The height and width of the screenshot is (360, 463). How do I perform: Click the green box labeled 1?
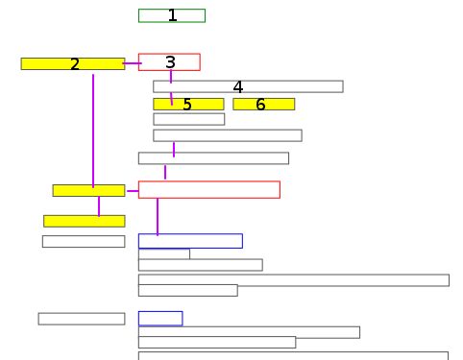click(x=171, y=15)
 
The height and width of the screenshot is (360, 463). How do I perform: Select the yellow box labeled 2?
click(x=72, y=64)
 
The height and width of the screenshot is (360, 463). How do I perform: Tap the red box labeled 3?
click(x=169, y=62)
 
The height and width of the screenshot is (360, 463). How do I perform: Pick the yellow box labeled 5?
click(x=187, y=104)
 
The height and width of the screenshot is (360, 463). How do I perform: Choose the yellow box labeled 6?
click(x=263, y=104)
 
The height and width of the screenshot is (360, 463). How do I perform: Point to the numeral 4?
click(x=237, y=87)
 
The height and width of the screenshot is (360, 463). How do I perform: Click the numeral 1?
click(x=172, y=15)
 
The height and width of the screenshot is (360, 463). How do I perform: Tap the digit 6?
click(x=260, y=105)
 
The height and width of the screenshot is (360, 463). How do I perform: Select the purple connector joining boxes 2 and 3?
click(x=132, y=63)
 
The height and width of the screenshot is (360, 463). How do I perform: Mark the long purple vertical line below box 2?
click(x=93, y=130)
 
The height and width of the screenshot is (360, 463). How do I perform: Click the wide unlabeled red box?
click(x=208, y=189)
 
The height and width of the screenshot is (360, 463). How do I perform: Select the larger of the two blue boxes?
click(x=189, y=241)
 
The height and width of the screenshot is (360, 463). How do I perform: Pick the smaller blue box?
click(x=159, y=318)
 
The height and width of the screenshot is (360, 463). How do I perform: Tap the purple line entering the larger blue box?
click(x=158, y=216)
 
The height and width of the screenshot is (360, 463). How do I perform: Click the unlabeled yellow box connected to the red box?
click(x=88, y=190)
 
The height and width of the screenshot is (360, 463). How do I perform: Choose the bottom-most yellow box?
click(x=84, y=221)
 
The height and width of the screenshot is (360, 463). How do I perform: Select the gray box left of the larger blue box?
click(x=83, y=241)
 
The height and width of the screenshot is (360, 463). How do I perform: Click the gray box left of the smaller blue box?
click(x=81, y=319)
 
